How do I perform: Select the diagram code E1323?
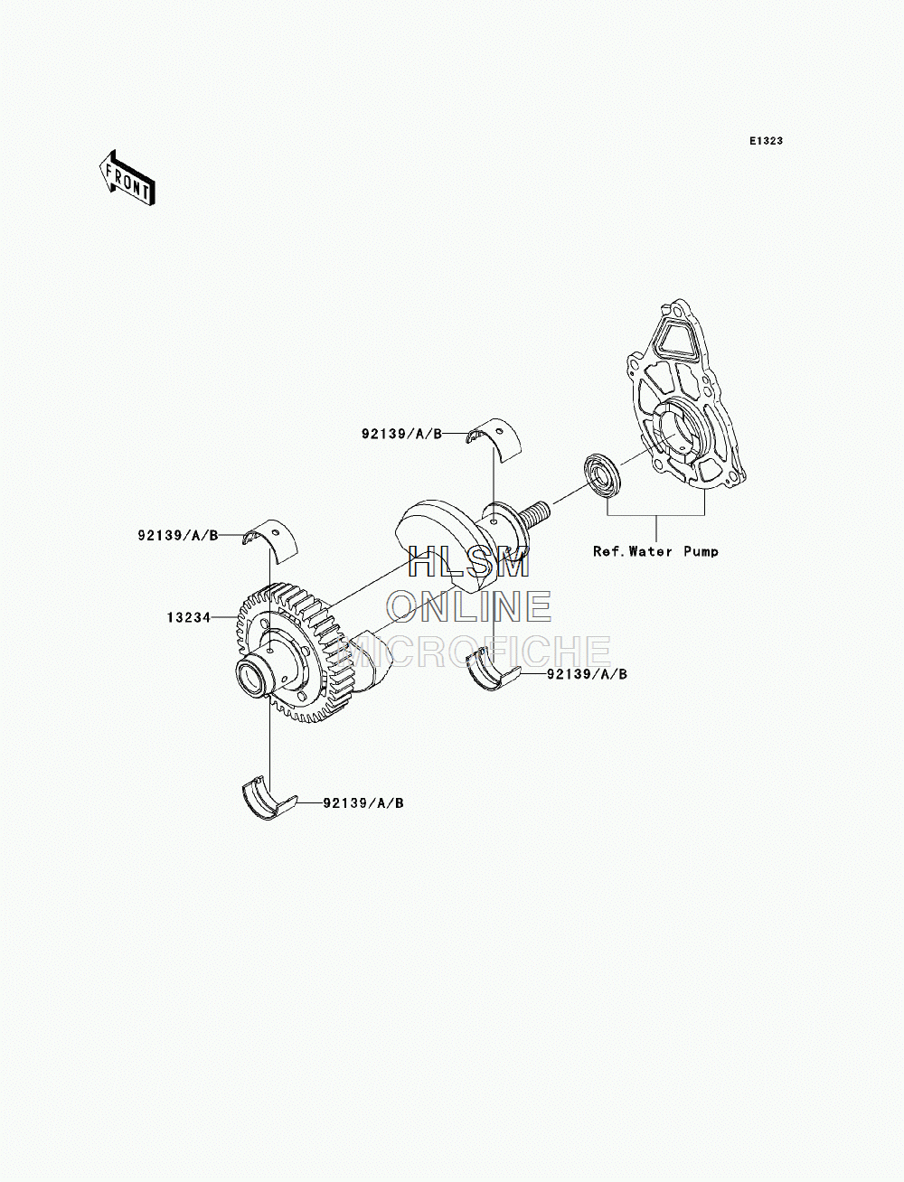coord(766,141)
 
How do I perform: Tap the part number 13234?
coord(189,617)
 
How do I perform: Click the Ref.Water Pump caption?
coord(655,552)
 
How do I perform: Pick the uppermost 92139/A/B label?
coord(401,434)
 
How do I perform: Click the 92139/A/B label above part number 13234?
coord(178,536)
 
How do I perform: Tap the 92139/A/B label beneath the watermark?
coord(587,674)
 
